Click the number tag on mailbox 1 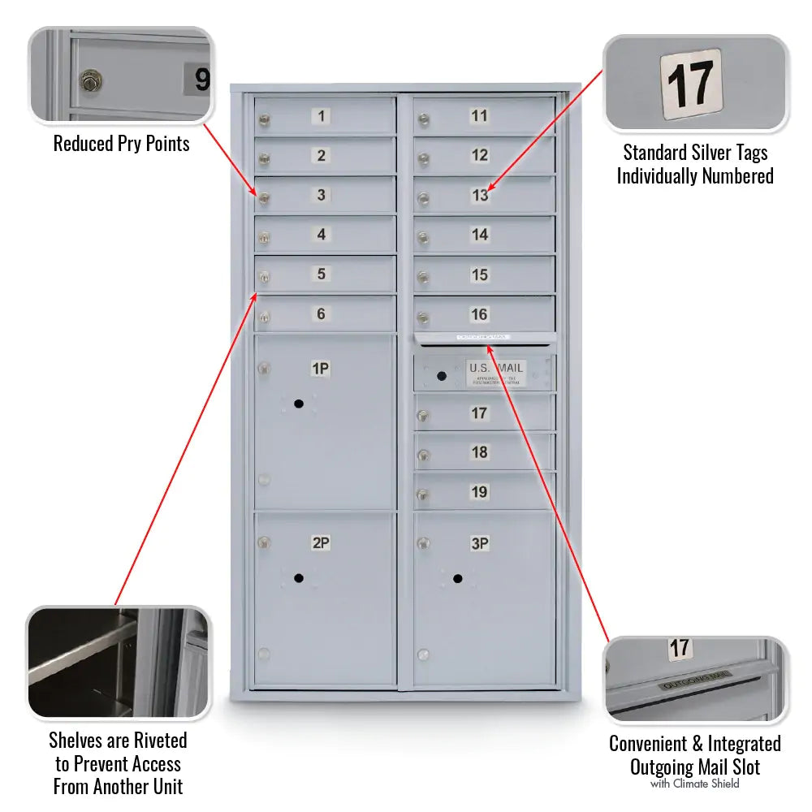322,116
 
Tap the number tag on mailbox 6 322,313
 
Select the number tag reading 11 480,116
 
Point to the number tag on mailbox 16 480,314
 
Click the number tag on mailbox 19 480,491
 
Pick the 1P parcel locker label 321,369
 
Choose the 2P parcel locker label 321,542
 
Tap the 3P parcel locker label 480,543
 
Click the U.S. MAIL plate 496,373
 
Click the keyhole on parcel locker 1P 299,404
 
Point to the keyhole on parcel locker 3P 458,578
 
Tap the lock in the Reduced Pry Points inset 90,80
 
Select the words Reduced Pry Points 122,144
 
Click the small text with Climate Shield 694,784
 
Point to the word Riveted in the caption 156,741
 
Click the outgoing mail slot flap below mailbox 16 485,338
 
